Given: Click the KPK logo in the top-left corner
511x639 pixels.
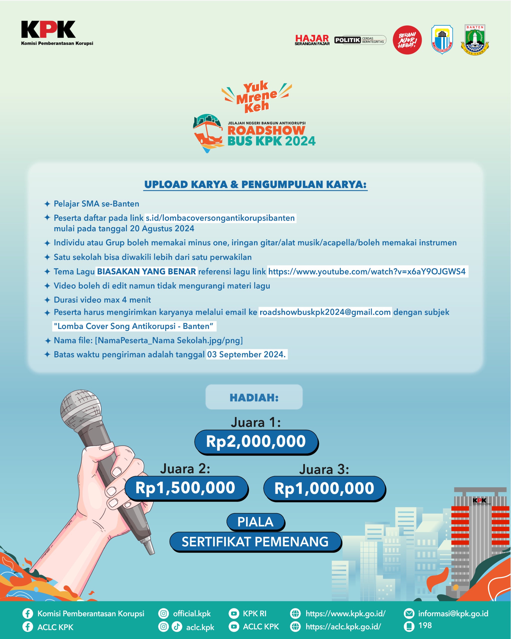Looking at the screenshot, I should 48,30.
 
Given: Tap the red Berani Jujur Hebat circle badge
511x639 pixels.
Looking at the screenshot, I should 407,40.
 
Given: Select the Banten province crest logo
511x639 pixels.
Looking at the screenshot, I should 475,40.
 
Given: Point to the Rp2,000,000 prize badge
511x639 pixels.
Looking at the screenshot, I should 256,442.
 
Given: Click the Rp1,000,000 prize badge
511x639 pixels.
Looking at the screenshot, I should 324,488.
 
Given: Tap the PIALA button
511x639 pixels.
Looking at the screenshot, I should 255,522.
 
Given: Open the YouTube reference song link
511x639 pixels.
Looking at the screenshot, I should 367,272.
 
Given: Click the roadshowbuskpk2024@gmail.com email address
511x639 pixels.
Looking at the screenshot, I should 325,312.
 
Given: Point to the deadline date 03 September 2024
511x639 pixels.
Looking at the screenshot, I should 247,354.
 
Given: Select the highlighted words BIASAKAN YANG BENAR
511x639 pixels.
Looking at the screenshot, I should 146,272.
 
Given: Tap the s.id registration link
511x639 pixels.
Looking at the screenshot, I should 220,218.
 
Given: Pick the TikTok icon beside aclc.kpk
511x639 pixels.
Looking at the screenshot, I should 177,626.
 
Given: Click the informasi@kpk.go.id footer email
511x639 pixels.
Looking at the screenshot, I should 453,614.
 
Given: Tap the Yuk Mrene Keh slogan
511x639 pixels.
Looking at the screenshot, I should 256,97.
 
